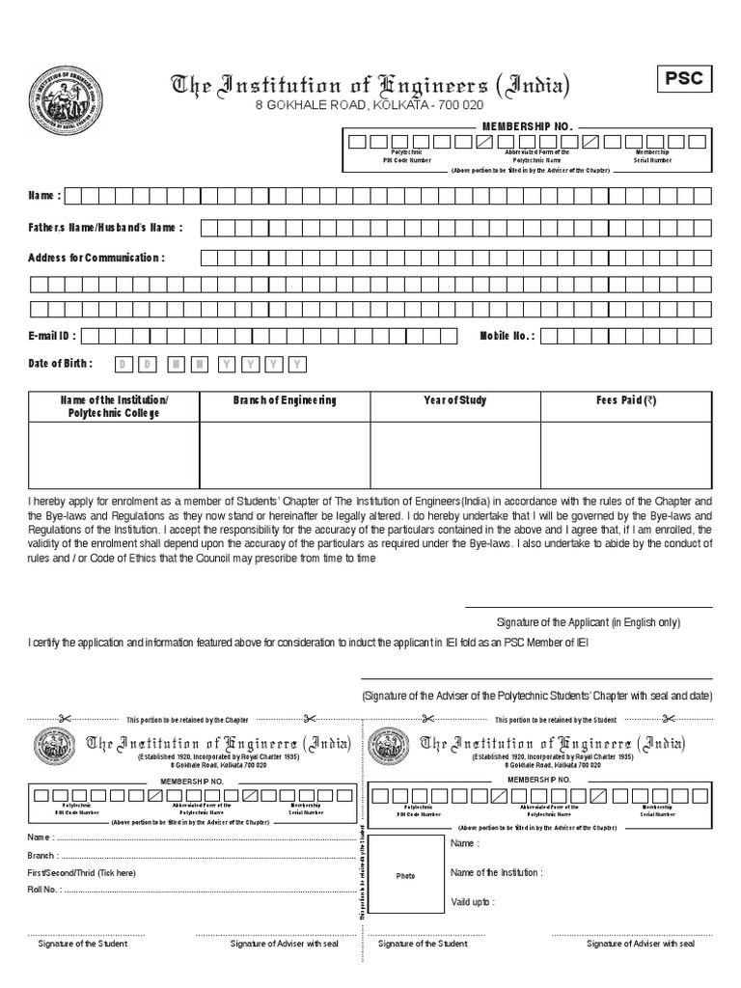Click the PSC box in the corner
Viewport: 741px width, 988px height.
[684, 78]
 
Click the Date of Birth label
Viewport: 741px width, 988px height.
[61, 364]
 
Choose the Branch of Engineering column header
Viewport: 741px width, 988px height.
[285, 400]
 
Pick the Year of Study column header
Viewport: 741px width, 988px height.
[455, 400]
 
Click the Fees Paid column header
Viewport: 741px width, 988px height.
[626, 400]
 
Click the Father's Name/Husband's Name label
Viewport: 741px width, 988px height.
[105, 228]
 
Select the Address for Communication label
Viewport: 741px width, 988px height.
[96, 258]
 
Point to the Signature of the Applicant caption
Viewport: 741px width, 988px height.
[589, 622]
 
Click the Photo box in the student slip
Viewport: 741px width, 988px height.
[405, 875]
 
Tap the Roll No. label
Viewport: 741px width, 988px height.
[45, 889]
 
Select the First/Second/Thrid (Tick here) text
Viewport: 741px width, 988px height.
[82, 872]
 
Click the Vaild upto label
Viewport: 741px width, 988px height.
[473, 901]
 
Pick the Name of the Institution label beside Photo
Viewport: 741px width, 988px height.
[496, 872]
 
